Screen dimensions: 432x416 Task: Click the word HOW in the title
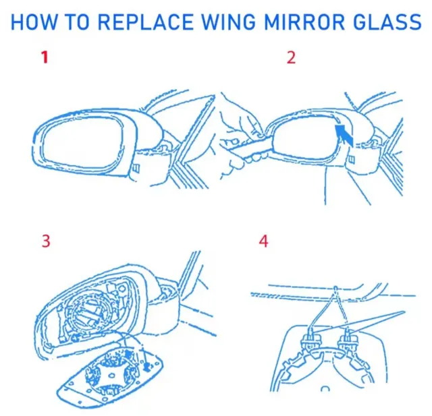tap(33, 22)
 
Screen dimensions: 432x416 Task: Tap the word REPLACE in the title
tap(146, 22)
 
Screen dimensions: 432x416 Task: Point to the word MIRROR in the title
tap(304, 22)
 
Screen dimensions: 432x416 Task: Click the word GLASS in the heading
tap(387, 22)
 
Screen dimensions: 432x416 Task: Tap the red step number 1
tap(45, 57)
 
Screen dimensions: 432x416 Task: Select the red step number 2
tap(291, 57)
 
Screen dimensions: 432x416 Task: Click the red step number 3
tap(46, 241)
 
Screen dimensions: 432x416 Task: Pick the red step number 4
tap(263, 241)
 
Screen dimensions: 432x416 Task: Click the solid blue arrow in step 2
tap(344, 134)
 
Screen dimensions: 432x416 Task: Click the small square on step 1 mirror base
tap(136, 167)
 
